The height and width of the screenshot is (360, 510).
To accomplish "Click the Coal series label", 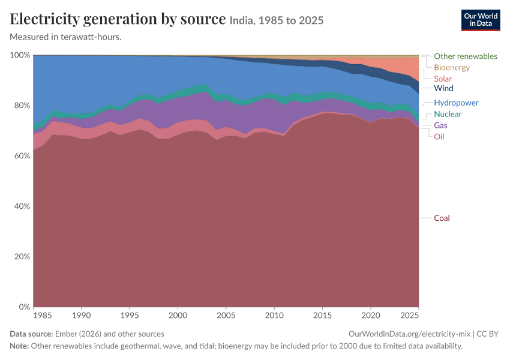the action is tap(442, 218).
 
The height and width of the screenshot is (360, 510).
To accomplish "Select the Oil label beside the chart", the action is tap(439, 137).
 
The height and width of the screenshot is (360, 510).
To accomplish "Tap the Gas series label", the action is tap(440, 125).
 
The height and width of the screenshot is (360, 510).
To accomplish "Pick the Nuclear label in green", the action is tap(448, 114).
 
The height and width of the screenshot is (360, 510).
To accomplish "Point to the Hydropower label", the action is tap(456, 103).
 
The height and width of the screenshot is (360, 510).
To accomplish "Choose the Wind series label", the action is tap(443, 88).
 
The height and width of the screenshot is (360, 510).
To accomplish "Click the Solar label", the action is tap(443, 79).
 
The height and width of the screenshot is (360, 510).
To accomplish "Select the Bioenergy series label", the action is tap(452, 68).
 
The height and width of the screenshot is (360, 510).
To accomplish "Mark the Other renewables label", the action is tap(466, 56).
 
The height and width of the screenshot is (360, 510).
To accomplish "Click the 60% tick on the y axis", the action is tap(22, 156).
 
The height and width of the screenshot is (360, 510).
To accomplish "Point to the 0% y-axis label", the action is tap(25, 307).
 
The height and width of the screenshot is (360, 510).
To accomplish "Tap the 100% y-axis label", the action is tap(20, 55).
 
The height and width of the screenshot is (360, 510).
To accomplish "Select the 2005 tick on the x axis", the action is tap(226, 315).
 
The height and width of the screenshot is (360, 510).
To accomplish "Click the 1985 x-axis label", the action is tap(43, 315).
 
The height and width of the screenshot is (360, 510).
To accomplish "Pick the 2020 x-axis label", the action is tap(371, 315).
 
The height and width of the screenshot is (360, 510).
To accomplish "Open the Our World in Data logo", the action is tap(481, 20).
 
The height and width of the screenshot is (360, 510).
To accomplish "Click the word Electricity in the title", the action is tap(44, 19).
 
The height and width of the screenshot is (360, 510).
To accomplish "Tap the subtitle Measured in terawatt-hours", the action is tap(66, 37).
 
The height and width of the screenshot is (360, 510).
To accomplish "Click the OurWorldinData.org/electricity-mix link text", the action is tap(409, 334).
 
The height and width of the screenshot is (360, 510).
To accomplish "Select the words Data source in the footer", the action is tap(31, 334).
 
